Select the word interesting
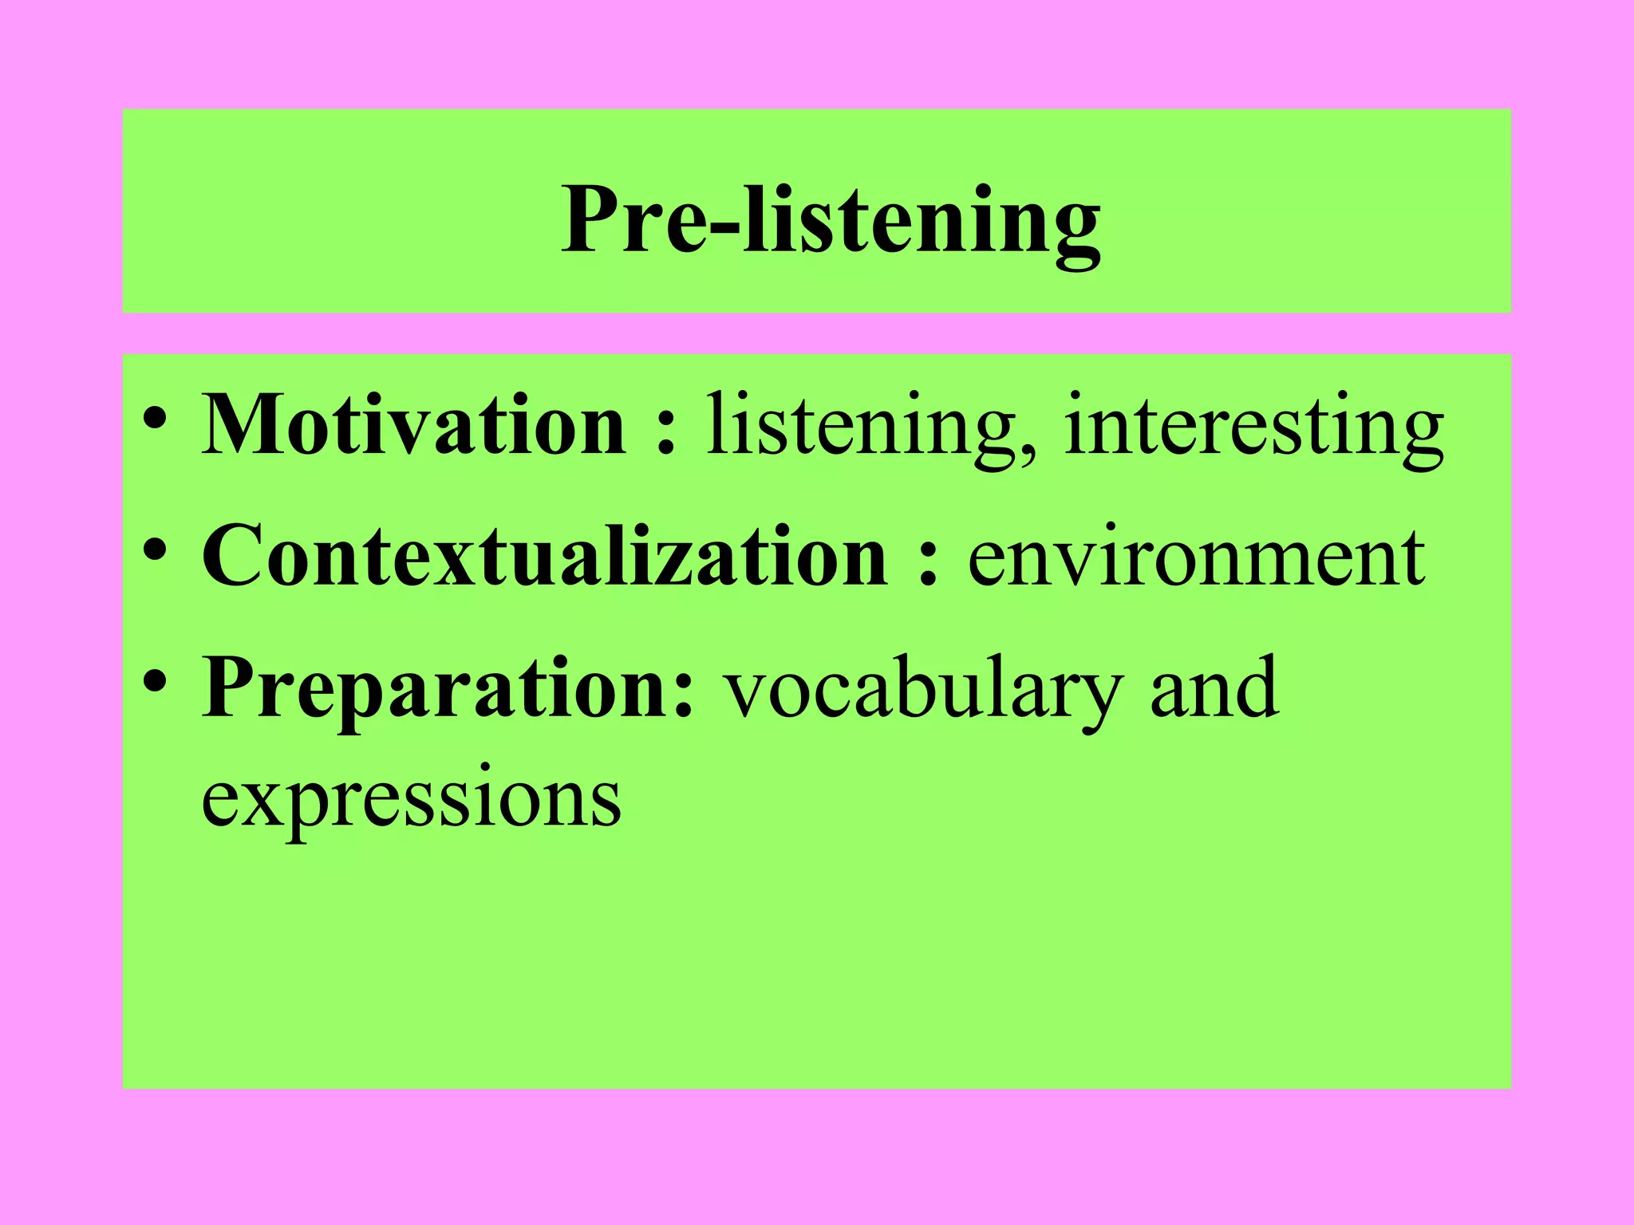[1253, 426]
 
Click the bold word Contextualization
[543, 556]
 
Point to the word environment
[1196, 557]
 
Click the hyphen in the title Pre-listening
[724, 227]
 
